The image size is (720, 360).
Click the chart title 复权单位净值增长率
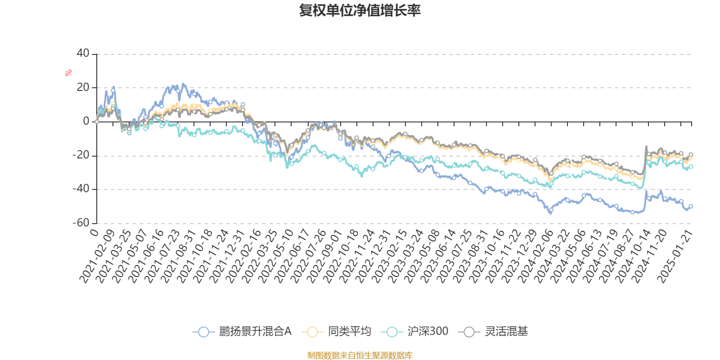pyautogui.click(x=360, y=10)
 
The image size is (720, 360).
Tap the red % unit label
pyautogui.click(x=68, y=73)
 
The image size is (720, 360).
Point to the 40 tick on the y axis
pyautogui.click(x=83, y=54)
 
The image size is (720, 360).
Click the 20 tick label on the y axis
pyautogui.click(x=83, y=87)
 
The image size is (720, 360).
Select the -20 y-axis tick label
pyautogui.click(x=81, y=155)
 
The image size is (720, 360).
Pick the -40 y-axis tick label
pyautogui.click(x=81, y=189)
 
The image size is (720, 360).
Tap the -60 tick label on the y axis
pyautogui.click(x=81, y=223)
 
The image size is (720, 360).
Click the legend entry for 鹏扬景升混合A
pyautogui.click(x=255, y=332)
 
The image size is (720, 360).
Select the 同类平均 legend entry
pyautogui.click(x=349, y=332)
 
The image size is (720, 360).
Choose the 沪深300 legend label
pyautogui.click(x=427, y=332)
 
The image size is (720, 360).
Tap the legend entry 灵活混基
pyautogui.click(x=506, y=332)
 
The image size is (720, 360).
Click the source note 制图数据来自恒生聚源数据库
pyautogui.click(x=360, y=355)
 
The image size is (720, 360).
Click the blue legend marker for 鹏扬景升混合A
pyautogui.click(x=203, y=332)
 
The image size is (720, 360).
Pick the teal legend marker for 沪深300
pyautogui.click(x=392, y=332)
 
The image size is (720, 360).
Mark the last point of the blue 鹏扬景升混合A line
pyautogui.click(x=691, y=206)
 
